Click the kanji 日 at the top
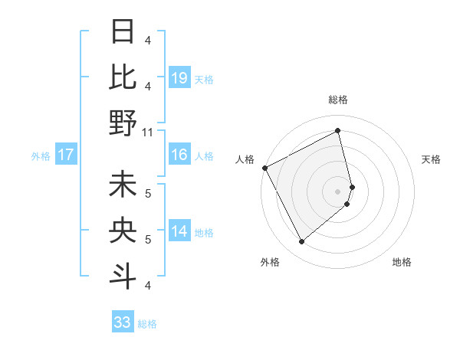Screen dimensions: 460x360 pos(123,32)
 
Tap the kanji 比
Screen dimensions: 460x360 pos(123,77)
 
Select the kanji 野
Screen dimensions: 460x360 pos(123,123)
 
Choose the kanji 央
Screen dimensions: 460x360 pos(123,230)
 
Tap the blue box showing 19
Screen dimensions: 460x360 pos(179,77)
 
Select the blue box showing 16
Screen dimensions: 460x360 pos(179,155)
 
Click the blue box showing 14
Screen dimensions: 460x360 pos(179,232)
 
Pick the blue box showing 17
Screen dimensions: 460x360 pos(65,155)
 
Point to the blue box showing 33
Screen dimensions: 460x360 pos(123,322)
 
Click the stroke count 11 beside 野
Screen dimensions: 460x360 pos(148,132)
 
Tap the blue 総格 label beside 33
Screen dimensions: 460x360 pos(147,324)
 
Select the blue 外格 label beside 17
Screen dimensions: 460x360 pos(41,156)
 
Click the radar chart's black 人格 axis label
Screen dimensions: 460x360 pos(245,159)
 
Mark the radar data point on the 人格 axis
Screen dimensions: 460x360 pos(264,168)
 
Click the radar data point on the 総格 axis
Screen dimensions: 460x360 pos(338,130)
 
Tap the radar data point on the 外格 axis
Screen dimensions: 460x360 pos(302,242)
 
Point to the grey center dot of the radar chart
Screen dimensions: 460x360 pos(338,191)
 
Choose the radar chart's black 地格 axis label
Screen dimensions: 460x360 pos(402,262)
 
